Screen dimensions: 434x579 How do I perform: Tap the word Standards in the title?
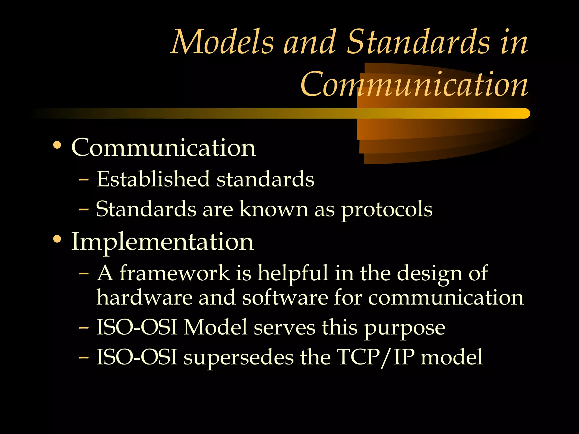[x=418, y=42]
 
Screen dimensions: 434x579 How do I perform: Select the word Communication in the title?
[x=414, y=84]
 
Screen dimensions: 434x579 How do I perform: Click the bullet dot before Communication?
[x=57, y=145]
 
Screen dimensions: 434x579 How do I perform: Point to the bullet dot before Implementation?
[x=57, y=239]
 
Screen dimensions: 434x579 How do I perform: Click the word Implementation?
[x=163, y=242]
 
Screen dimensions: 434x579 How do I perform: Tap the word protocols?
[x=386, y=210]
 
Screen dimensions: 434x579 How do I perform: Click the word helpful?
[x=293, y=274]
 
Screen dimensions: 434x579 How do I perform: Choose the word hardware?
[x=144, y=298]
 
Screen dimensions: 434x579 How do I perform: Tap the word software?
[x=285, y=298]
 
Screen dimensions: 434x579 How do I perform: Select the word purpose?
[x=404, y=328]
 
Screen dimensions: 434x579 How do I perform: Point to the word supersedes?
[x=239, y=357]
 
